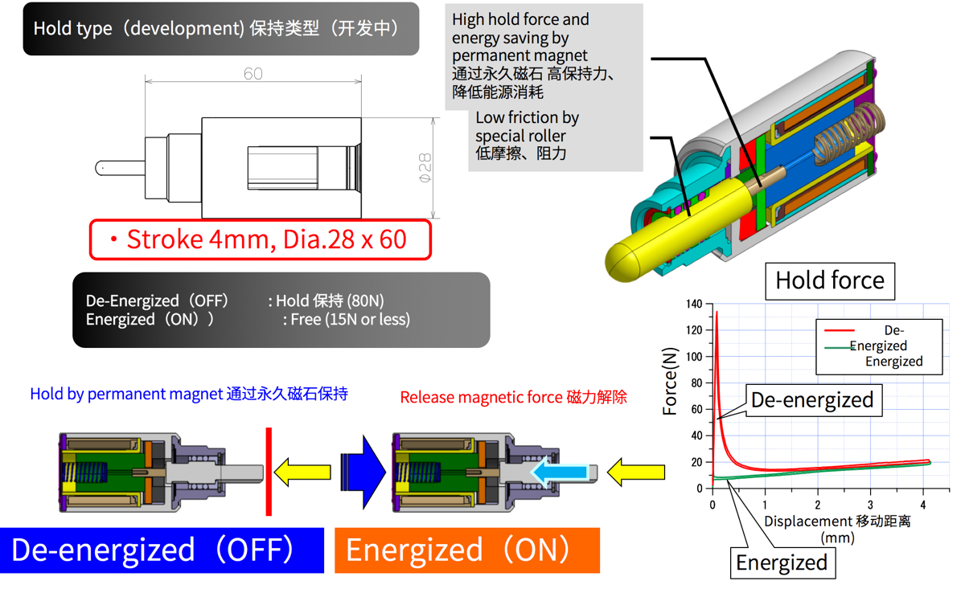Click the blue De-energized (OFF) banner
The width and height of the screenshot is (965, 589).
[x=162, y=550]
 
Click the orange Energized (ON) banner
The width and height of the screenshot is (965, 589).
[x=466, y=550]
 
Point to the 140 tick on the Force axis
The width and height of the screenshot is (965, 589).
[x=693, y=304]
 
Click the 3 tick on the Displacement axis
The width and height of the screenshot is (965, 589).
[x=870, y=504]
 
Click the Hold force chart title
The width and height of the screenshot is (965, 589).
[x=829, y=280]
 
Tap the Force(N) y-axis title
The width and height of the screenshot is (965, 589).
[x=670, y=381]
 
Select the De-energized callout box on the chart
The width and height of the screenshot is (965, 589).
[x=811, y=400]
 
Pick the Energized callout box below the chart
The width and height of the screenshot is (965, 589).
[x=782, y=562]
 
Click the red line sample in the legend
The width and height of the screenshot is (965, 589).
[x=840, y=330]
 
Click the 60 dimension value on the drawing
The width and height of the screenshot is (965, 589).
[x=253, y=73]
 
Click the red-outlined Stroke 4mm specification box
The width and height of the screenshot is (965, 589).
[x=260, y=239]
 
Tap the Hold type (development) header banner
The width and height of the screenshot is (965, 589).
[x=220, y=29]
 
